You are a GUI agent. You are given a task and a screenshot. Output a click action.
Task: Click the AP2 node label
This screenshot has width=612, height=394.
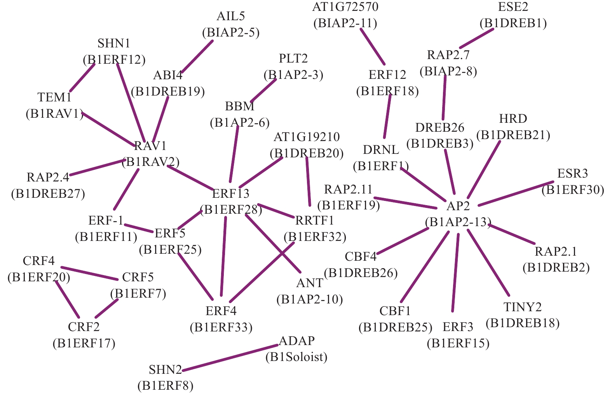pyautogui.click(x=458, y=206)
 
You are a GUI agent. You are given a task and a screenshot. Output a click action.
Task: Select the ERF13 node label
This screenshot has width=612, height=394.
pyautogui.click(x=230, y=194)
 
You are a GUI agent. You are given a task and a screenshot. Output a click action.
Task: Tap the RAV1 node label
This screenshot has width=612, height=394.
pyautogui.click(x=150, y=146)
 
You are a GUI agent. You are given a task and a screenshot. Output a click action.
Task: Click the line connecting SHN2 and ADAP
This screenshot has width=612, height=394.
pyautogui.click(x=230, y=358)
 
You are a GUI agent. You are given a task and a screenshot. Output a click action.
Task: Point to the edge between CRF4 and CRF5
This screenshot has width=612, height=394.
pyautogui.click(x=90, y=273)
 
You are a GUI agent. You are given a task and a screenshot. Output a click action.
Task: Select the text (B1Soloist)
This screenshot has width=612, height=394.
pyautogui.click(x=296, y=357)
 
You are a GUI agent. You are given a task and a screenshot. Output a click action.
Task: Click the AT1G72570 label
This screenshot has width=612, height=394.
pyautogui.click(x=345, y=7)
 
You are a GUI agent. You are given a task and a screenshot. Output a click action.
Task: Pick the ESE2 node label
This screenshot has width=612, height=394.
pyautogui.click(x=513, y=7)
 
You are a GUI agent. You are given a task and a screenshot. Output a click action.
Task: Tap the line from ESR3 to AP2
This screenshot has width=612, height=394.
pyautogui.click(x=516, y=194)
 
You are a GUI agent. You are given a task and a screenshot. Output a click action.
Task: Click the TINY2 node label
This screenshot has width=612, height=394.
pyautogui.click(x=522, y=307)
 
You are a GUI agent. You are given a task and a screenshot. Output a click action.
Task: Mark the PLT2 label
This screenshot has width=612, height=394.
pyautogui.click(x=293, y=59)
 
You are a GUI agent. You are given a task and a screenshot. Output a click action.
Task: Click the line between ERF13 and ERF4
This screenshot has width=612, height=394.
pyautogui.click(x=223, y=256)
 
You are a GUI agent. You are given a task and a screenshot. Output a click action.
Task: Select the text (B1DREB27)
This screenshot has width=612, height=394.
pyautogui.click(x=48, y=194)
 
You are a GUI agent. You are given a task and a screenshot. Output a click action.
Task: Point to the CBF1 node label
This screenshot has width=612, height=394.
pyautogui.click(x=395, y=311)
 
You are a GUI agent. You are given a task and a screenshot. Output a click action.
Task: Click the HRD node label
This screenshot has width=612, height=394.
pyautogui.click(x=513, y=119)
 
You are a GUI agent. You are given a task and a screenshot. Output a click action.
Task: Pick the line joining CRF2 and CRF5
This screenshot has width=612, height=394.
pyautogui.click(x=106, y=308)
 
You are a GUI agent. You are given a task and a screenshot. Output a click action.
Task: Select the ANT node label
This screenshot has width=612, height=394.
pyautogui.click(x=309, y=283)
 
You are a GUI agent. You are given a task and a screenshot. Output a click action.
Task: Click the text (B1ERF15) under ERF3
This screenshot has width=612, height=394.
pyautogui.click(x=458, y=343)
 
